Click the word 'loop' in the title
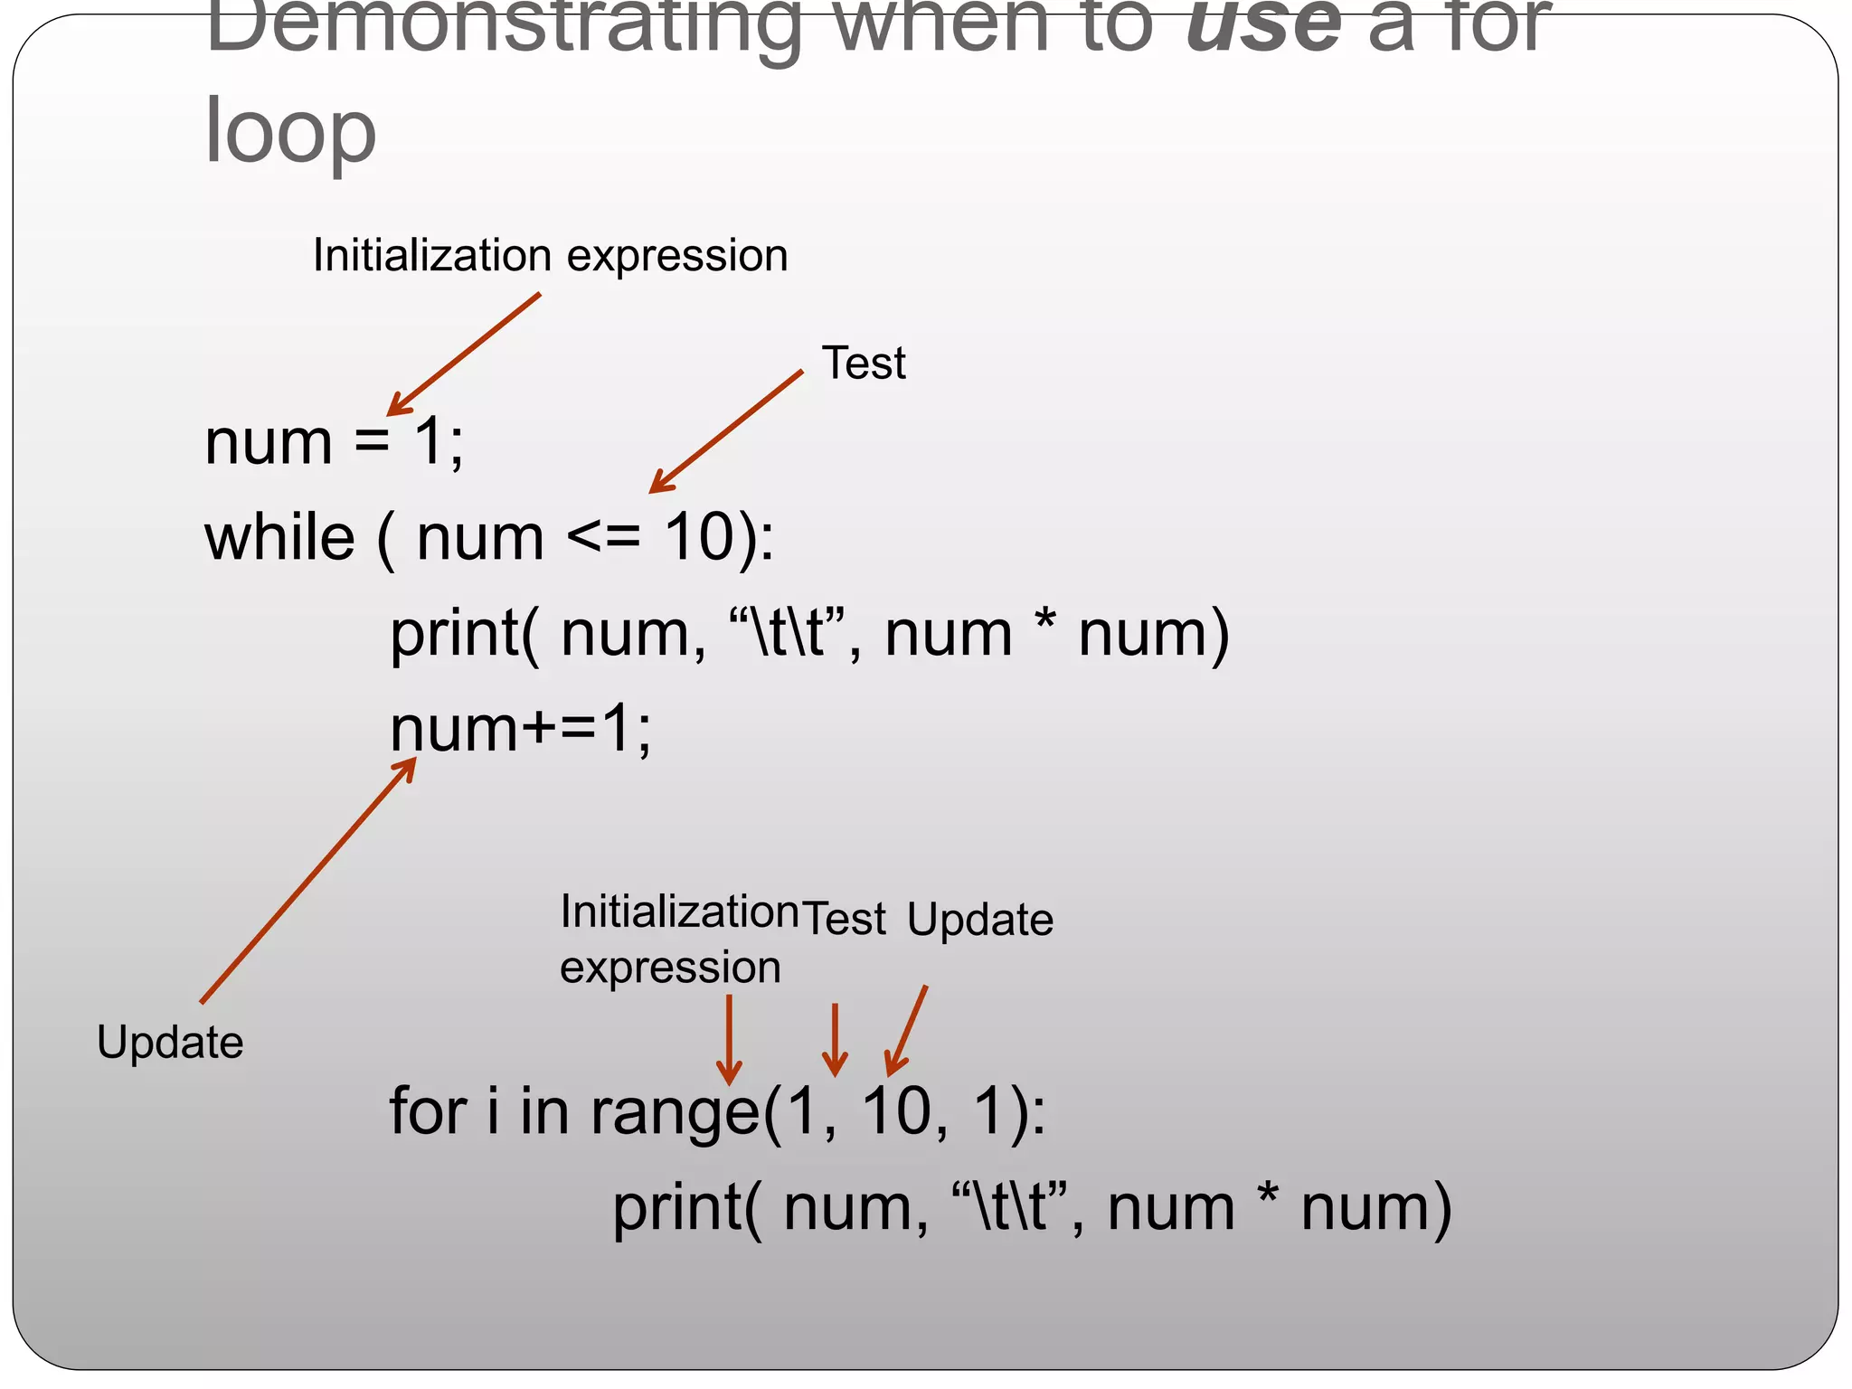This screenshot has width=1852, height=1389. (x=290, y=133)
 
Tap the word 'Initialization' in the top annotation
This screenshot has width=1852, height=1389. (x=431, y=255)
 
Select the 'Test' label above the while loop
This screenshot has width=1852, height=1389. (x=863, y=364)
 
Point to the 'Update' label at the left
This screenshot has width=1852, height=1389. (x=170, y=1043)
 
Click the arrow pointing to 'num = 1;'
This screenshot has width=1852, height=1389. (x=463, y=354)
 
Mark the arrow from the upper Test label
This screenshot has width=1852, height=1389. (x=725, y=431)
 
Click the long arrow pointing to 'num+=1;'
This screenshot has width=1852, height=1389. (x=307, y=880)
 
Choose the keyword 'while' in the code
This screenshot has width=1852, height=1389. (x=279, y=538)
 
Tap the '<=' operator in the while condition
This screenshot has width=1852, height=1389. (x=603, y=538)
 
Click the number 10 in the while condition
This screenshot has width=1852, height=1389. (x=698, y=538)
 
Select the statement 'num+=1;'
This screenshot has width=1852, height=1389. (x=520, y=729)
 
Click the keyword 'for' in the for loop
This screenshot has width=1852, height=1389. (x=428, y=1110)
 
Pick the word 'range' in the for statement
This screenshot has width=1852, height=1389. (x=674, y=1112)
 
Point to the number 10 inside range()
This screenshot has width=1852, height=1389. (x=896, y=1110)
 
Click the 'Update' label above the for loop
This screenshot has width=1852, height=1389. (x=980, y=921)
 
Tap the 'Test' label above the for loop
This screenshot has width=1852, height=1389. (x=845, y=920)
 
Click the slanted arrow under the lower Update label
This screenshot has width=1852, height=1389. (x=907, y=1030)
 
